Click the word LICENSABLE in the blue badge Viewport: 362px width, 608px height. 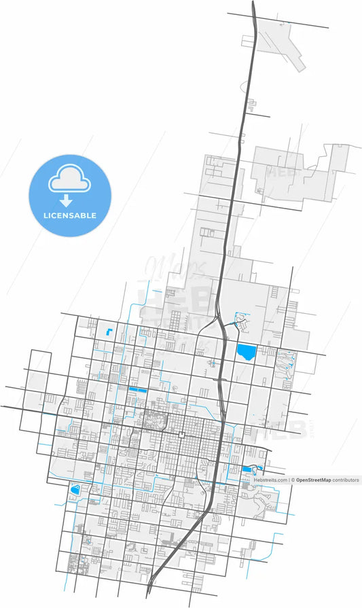pos(70,216)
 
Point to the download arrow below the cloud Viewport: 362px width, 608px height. pos(67,200)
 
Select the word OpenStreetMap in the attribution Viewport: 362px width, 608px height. pos(313,480)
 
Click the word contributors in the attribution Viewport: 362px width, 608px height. pos(345,480)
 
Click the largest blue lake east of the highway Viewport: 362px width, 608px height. pos(246,353)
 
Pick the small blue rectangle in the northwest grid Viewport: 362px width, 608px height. pos(108,333)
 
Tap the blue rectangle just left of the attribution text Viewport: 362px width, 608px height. pos(245,469)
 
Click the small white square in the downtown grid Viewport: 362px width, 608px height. pos(182,434)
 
